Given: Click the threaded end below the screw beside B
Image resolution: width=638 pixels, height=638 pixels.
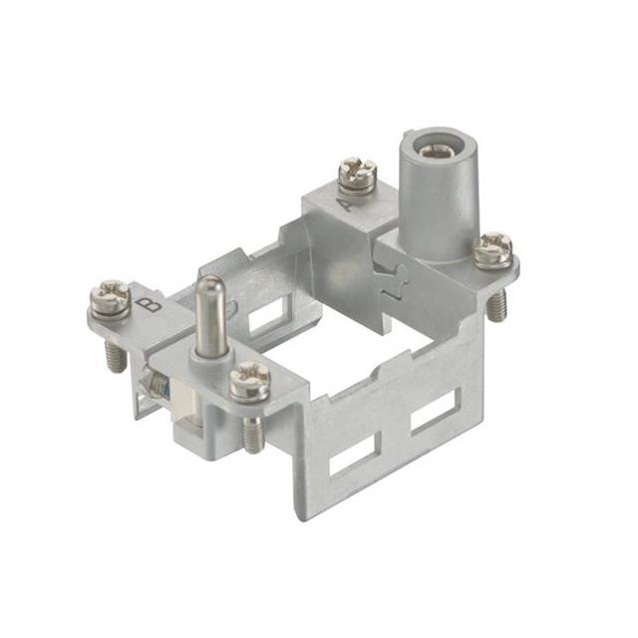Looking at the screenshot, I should tap(114, 355).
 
